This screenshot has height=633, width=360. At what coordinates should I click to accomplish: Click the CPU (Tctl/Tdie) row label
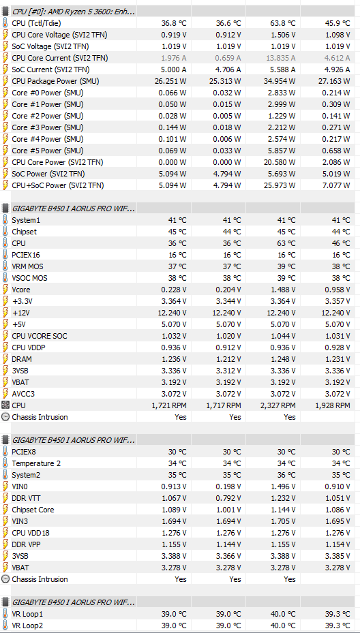tap(36, 23)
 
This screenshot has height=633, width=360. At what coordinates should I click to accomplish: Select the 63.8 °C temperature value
tap(283, 23)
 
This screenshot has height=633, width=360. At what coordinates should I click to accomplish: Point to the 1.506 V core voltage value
tap(283, 35)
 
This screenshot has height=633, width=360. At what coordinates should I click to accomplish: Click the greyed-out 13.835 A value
tap(281, 58)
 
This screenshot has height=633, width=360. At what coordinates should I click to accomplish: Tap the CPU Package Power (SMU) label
tap(55, 81)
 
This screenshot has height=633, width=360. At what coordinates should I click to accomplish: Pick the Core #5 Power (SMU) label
tap(48, 151)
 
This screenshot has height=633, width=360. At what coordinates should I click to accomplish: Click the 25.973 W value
tap(281, 186)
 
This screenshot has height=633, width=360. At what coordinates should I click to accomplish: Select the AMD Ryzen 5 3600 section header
tap(74, 12)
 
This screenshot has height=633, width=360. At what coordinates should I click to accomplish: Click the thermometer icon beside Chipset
tap(5, 232)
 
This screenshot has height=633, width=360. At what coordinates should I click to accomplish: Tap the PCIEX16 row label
tap(26, 255)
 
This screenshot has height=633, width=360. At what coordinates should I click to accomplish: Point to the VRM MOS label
tap(27, 266)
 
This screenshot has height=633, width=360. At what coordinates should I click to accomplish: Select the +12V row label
tap(22, 313)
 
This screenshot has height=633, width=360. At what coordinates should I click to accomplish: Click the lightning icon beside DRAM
tap(5, 359)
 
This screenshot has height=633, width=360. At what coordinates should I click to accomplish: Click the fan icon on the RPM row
tap(5, 405)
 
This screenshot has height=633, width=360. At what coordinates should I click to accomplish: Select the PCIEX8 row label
tap(24, 452)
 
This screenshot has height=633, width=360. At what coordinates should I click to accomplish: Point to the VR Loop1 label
tap(27, 614)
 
